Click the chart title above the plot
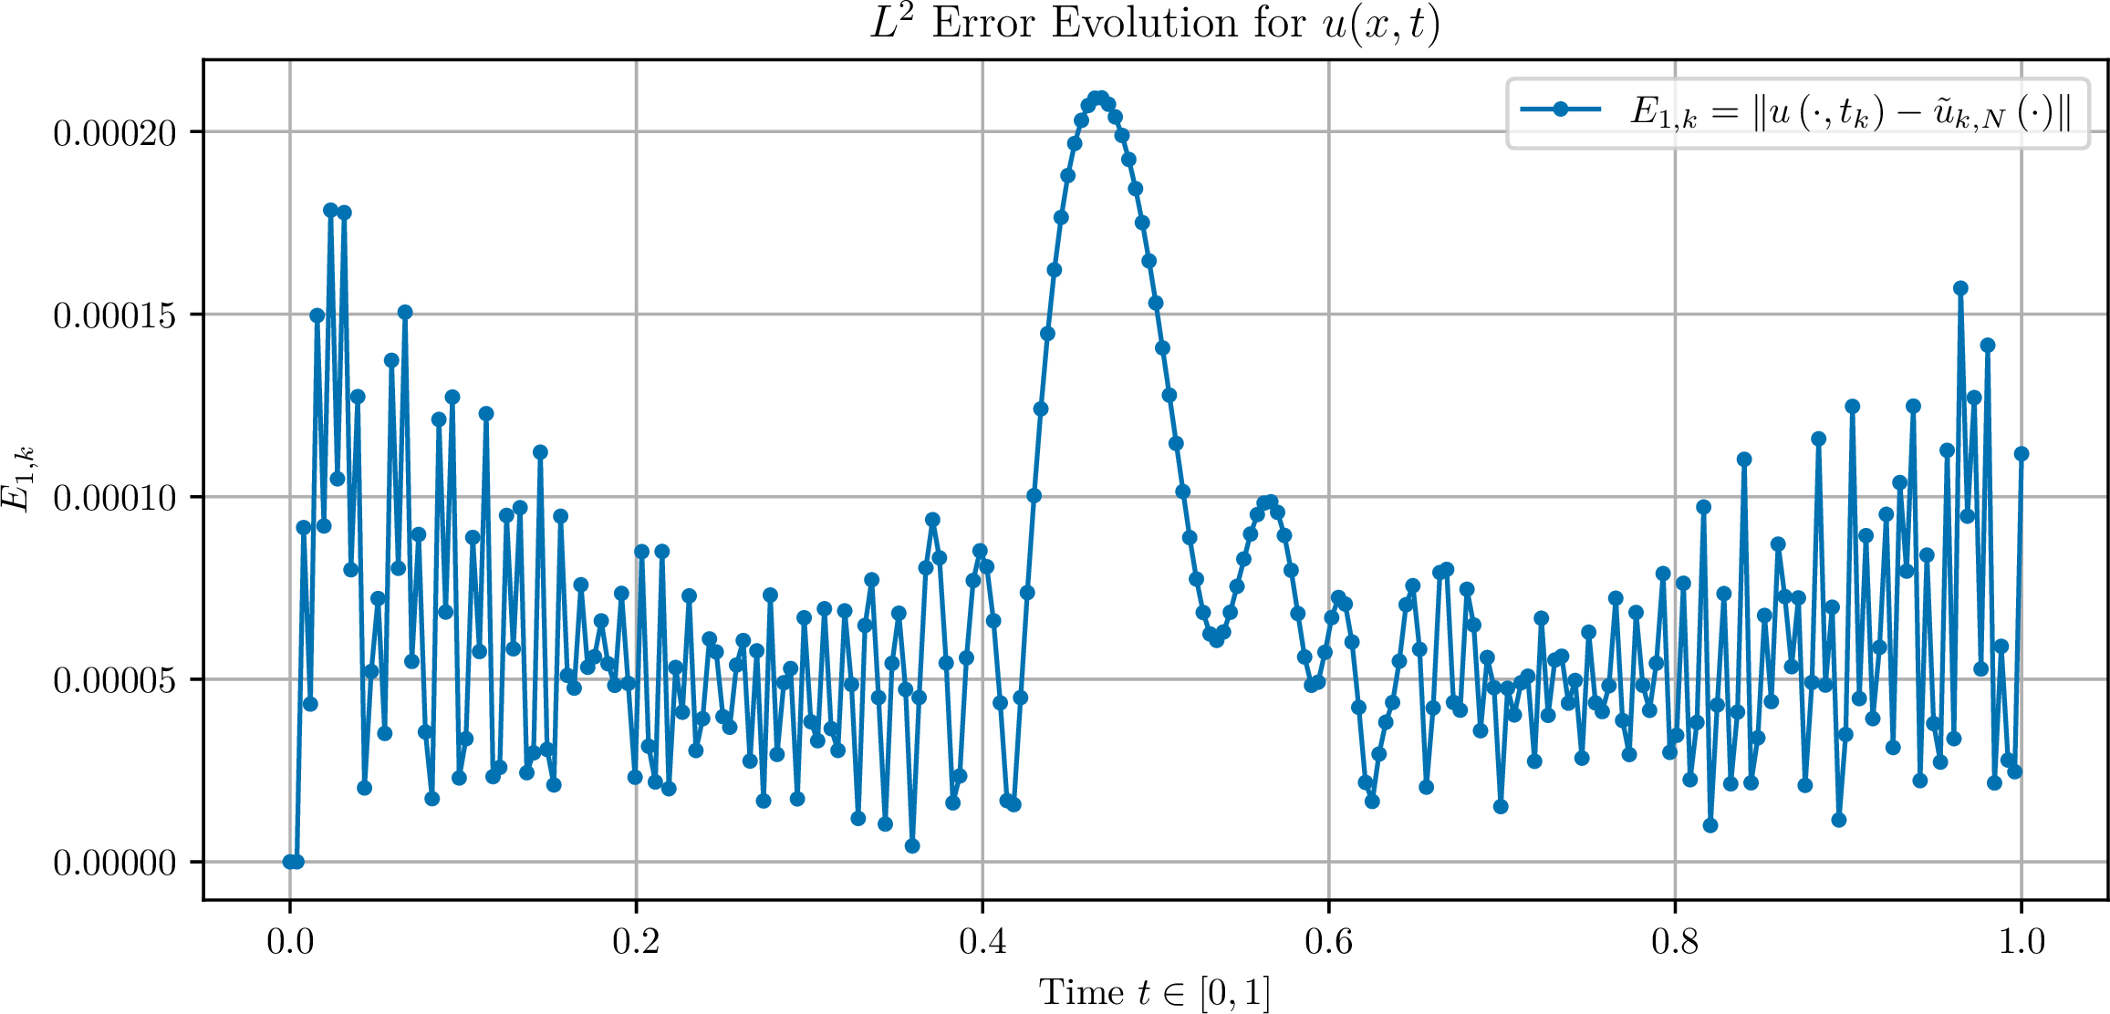[1155, 24]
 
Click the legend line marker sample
[1561, 109]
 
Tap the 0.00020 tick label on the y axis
[115, 133]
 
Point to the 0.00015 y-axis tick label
[115, 316]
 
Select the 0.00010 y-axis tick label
[115, 498]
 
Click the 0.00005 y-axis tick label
[115, 680]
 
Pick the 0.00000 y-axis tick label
[115, 863]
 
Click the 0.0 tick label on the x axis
[290, 941]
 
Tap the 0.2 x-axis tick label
[636, 941]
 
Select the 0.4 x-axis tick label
[982, 941]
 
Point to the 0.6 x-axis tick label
[1329, 941]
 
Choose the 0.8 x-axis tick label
[1675, 941]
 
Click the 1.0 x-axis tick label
[2022, 941]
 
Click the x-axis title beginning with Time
[1155, 992]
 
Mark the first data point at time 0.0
[290, 862]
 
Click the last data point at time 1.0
[2022, 453]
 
